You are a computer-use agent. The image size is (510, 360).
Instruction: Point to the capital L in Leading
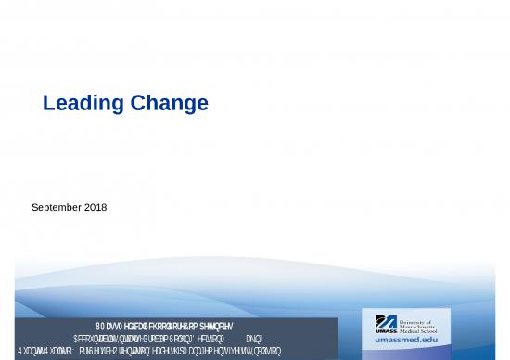49,105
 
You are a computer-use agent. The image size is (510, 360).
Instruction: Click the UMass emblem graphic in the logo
386,322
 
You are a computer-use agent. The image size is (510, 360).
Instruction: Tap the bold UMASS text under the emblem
387,332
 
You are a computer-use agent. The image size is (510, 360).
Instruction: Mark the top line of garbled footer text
167,326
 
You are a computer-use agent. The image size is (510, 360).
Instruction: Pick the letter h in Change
155,105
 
